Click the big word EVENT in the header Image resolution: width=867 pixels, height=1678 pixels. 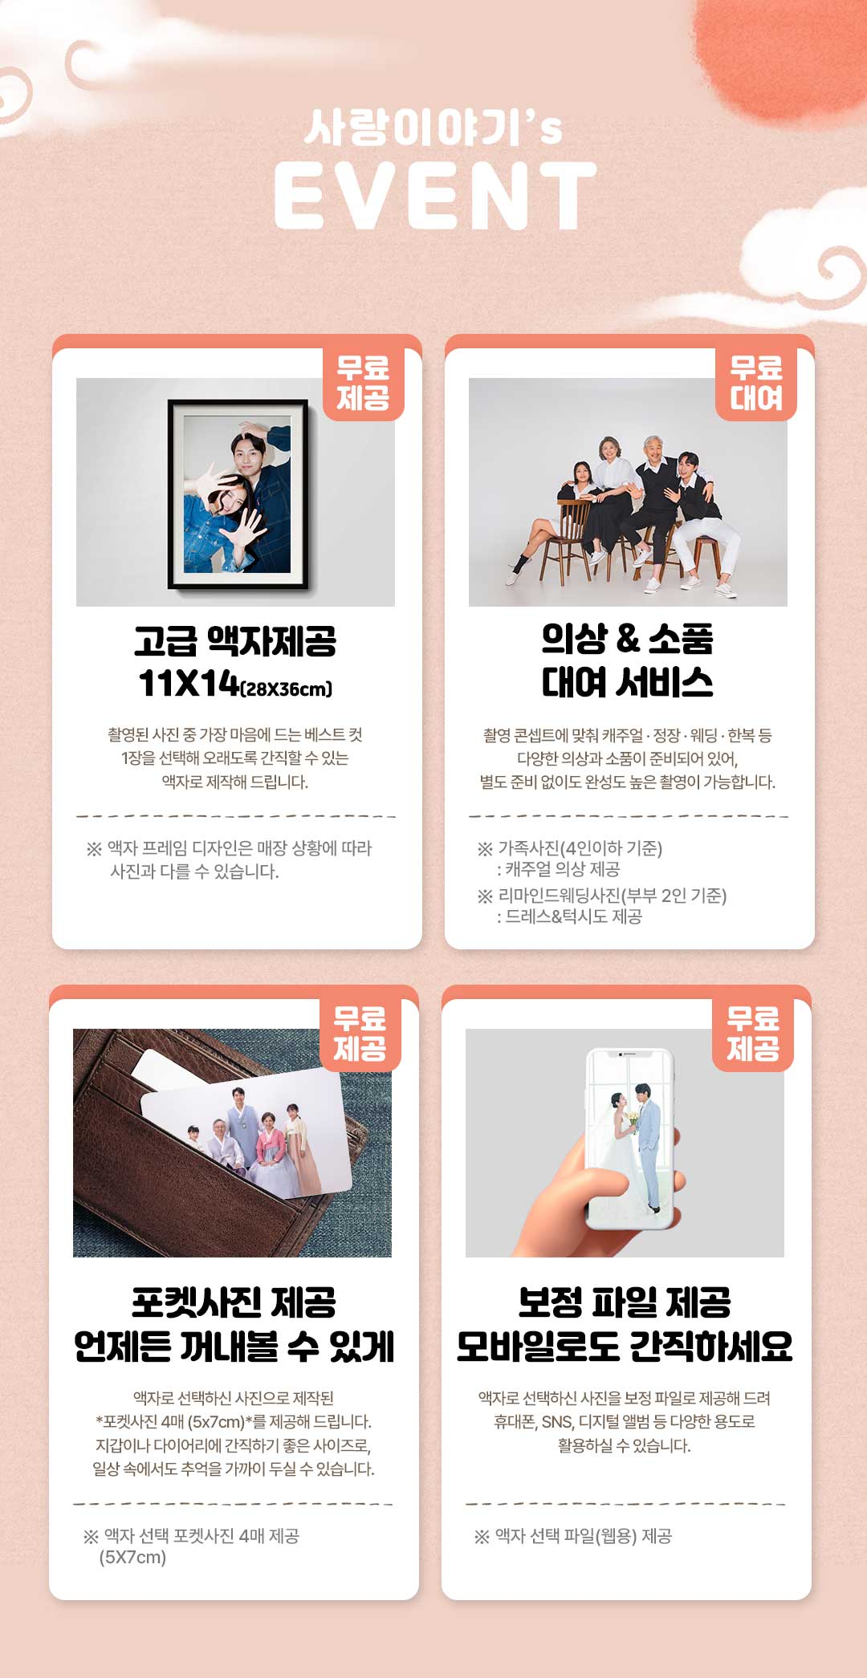coord(435,195)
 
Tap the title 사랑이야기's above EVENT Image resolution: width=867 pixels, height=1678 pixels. coord(433,128)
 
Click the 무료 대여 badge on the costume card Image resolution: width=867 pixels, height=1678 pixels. coord(756,384)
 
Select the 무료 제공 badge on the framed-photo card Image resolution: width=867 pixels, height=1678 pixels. coord(363,384)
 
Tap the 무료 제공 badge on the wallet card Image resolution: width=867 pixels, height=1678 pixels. coord(360,1034)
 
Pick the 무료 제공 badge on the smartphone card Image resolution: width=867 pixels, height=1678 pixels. coord(753,1034)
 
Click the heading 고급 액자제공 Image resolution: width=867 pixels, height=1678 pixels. coord(235,640)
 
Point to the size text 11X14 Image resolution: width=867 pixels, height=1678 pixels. coord(189,683)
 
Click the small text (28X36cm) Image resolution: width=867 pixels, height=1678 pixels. coord(287,689)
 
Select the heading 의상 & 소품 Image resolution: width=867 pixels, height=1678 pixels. coord(628,639)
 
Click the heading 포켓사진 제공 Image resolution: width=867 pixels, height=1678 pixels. coord(234,1302)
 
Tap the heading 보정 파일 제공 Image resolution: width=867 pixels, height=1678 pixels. coord(625,1302)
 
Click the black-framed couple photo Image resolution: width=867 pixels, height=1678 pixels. coord(238,494)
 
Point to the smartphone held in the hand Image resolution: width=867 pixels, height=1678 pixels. coord(630,1138)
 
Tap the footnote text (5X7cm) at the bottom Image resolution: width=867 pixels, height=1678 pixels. coord(132,1557)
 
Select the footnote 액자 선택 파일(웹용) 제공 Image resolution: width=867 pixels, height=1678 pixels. coord(584,1536)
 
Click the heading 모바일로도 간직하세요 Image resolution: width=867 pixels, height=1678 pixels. coord(625,1347)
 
